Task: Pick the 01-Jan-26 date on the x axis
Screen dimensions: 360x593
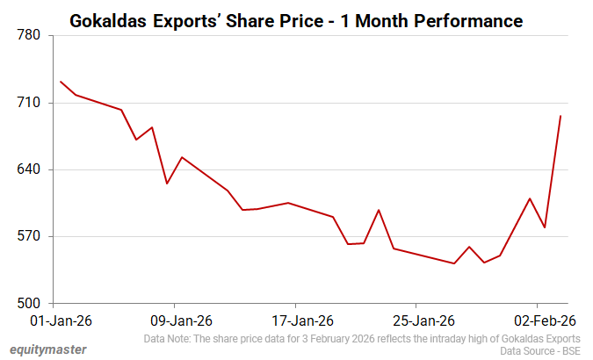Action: [x=55, y=320]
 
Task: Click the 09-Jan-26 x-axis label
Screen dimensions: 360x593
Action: [x=176, y=320]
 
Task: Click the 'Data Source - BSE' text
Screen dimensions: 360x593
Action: [x=539, y=350]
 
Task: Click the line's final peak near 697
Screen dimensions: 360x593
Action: [x=560, y=116]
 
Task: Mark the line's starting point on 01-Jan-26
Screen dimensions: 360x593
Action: [x=61, y=82]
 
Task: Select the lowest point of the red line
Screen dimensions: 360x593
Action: [x=454, y=263]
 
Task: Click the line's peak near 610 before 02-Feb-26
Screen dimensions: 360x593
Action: [x=530, y=198]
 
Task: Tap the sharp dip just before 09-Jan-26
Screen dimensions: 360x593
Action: [x=167, y=184]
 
